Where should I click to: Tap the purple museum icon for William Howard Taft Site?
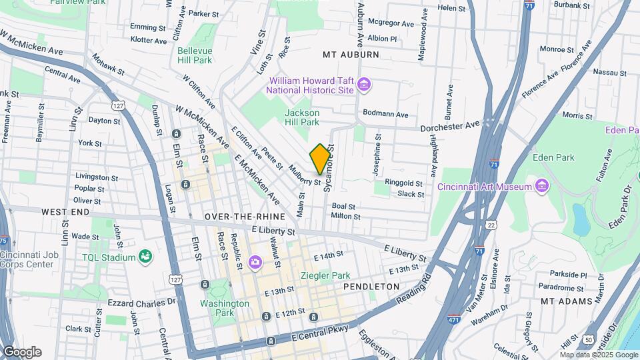363,84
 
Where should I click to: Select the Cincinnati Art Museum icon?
541,186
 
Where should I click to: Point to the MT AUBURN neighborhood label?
351,55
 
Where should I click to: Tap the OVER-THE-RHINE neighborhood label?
245,217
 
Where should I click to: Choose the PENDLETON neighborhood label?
371,286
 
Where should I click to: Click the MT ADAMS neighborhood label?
566,301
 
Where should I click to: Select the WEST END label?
66,211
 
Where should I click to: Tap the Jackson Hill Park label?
302,117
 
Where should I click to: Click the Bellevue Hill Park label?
195,55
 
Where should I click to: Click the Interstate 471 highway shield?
455,319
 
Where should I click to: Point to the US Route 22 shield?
491,225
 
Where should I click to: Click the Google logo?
21,351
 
